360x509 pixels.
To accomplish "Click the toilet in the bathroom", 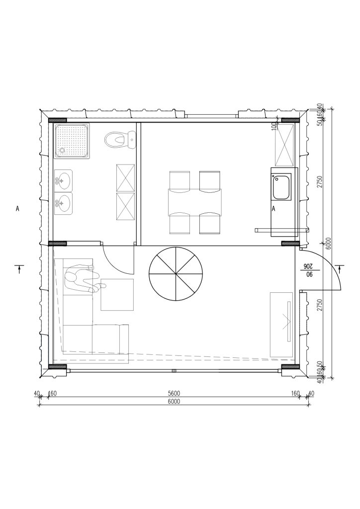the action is coord(120,140).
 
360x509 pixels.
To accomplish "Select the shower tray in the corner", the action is coord(72,141).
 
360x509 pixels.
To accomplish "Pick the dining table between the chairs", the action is coord(195,202).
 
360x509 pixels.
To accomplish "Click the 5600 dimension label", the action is coord(174,394).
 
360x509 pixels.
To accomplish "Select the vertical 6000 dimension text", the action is coord(328,243).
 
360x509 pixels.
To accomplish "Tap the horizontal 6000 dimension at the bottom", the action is coord(174,402).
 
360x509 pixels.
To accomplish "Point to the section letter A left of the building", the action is coord(17,209).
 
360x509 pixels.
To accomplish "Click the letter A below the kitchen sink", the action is coord(273,209).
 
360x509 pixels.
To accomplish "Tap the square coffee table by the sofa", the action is coord(117,295).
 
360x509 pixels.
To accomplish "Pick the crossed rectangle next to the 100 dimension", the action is coord(284,145).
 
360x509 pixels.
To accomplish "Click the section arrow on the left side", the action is coord(19,269).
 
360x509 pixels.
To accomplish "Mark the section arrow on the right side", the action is coord(339,269).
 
